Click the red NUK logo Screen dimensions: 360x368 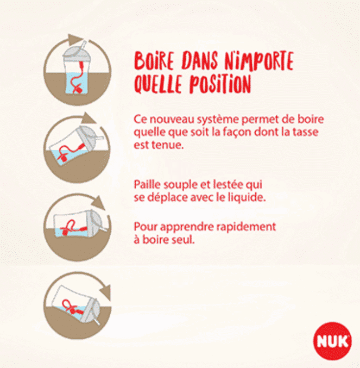pos(332,341)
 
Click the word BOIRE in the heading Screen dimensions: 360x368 pos(154,60)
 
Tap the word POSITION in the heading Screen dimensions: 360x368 pos(220,84)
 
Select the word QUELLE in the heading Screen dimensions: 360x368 pos(158,84)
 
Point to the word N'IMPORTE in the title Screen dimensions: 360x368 pos(259,61)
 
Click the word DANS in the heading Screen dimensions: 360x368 pos(199,60)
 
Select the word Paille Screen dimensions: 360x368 pos(147,185)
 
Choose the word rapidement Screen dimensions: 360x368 pos(246,227)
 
